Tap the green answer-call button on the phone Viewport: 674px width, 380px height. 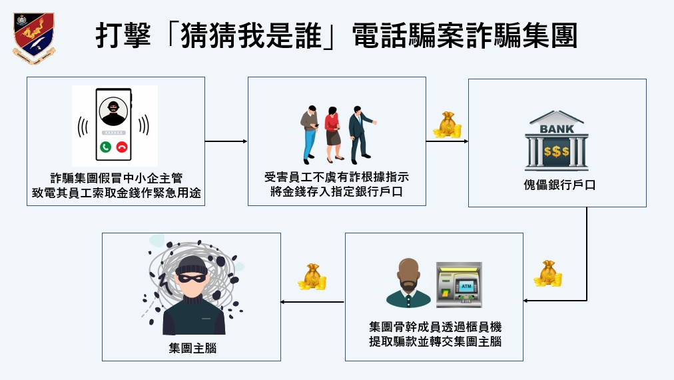click(x=105, y=146)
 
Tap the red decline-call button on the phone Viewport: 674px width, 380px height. click(x=121, y=146)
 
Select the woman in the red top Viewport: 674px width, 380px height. click(x=332, y=133)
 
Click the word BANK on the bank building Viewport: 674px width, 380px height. click(x=556, y=129)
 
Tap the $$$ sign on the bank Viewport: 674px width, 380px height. click(x=556, y=151)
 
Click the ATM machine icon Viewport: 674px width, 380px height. click(x=459, y=285)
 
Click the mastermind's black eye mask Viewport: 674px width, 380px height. click(x=194, y=274)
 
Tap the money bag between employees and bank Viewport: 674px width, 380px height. click(x=447, y=125)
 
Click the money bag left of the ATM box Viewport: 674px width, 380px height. click(x=312, y=277)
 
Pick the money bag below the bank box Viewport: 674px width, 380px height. click(x=547, y=274)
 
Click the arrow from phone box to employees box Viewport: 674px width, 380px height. click(x=226, y=141)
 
